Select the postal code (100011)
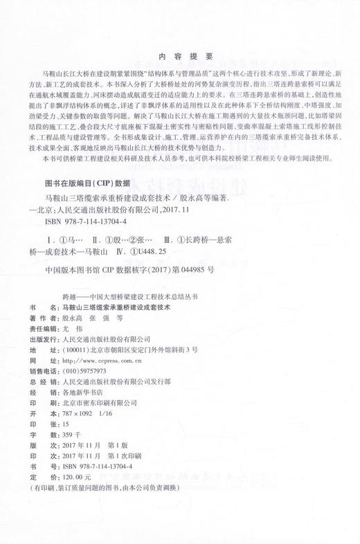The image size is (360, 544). [x=78, y=350]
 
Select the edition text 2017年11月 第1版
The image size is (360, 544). [x=98, y=446]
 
